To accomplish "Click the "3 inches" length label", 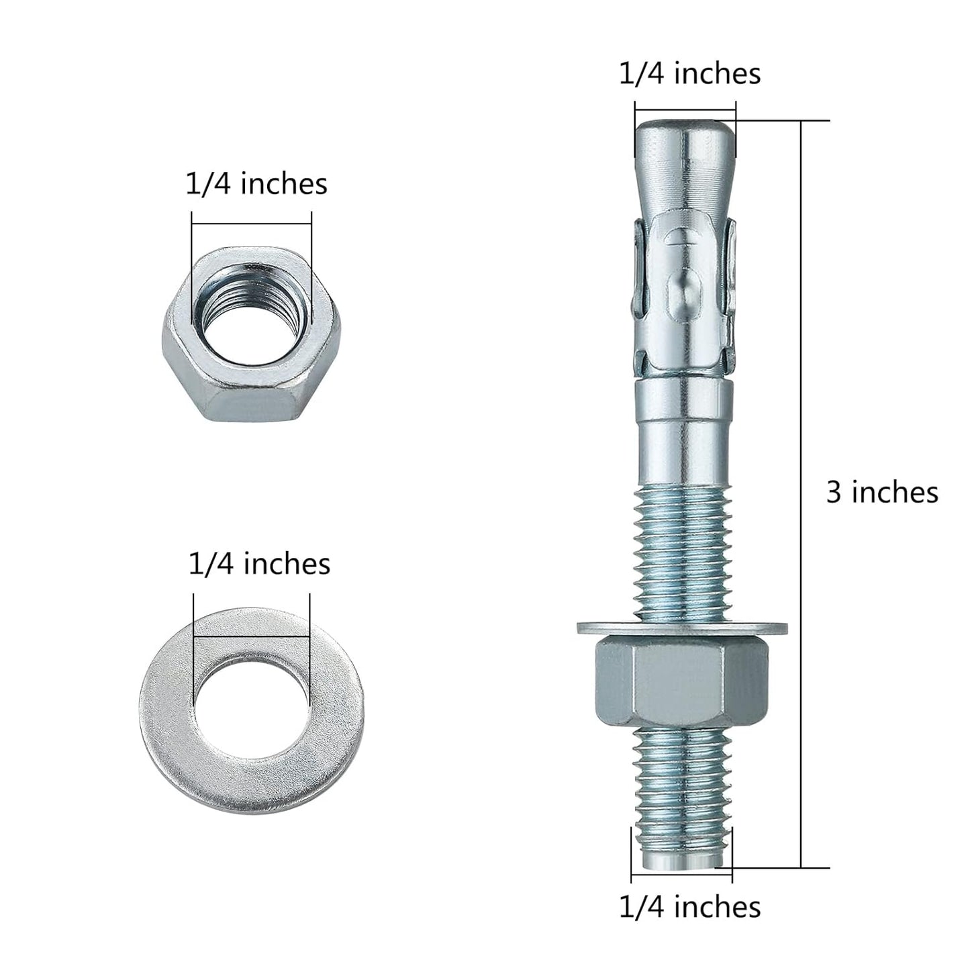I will (x=881, y=493).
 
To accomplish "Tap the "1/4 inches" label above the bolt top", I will (x=689, y=74).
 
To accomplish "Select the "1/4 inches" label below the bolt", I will (x=689, y=907).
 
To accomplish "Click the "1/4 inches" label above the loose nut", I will (x=256, y=184).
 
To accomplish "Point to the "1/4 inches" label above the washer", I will (x=259, y=564).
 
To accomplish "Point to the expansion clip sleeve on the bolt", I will (x=683, y=295).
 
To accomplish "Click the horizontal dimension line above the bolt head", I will (x=685, y=111).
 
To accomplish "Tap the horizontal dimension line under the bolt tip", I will (x=681, y=876).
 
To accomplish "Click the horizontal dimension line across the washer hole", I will (x=251, y=636).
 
